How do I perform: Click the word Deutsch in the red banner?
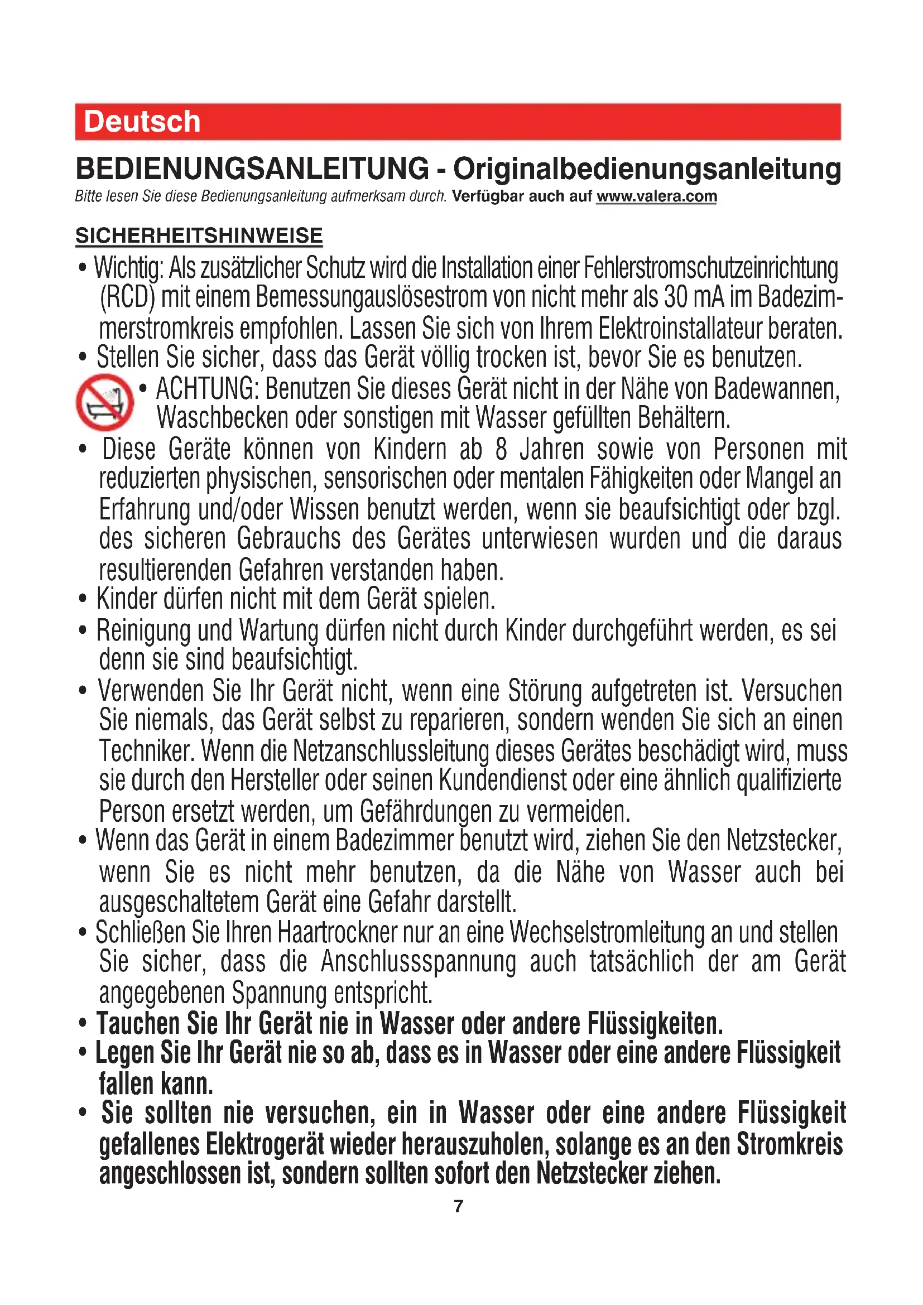(x=142, y=122)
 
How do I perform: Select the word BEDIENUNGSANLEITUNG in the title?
(x=252, y=169)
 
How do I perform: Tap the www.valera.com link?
(x=656, y=196)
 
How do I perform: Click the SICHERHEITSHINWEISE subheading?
(x=199, y=235)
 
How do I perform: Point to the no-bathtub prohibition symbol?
(x=104, y=402)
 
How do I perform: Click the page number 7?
(x=459, y=1206)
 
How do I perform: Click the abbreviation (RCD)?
(x=127, y=298)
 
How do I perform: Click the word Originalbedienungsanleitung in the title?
(x=647, y=169)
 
